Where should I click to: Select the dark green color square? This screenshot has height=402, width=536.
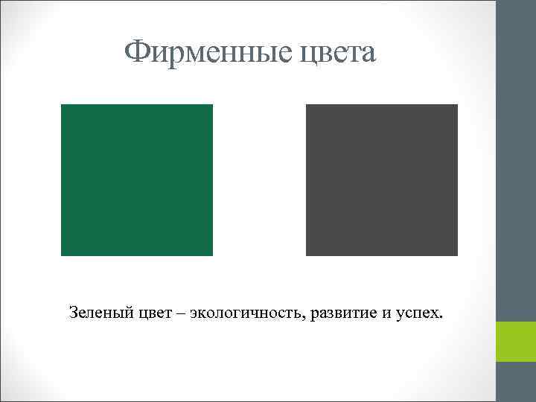point(137,180)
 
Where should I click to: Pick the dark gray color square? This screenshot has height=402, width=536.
point(382,180)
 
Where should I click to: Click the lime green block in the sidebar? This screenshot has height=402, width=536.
point(516,342)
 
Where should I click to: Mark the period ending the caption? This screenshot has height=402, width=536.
point(440,317)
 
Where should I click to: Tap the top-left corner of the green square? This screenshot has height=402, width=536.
point(62,105)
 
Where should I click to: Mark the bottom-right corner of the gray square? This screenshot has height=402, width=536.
point(456,255)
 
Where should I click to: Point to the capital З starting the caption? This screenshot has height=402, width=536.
point(72,312)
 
